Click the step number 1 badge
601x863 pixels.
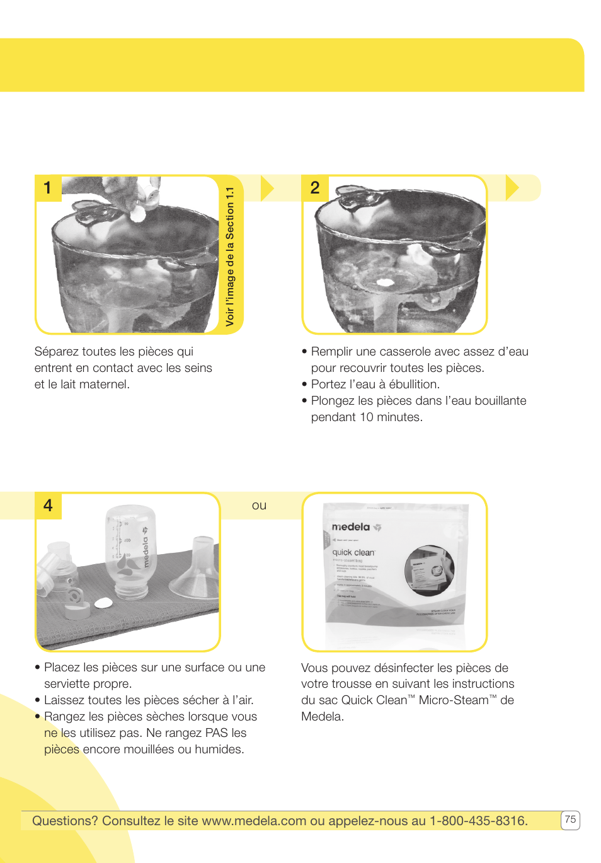pyautogui.click(x=48, y=188)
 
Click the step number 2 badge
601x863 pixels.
pyautogui.click(x=315, y=188)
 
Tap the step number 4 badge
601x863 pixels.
pyautogui.click(x=48, y=506)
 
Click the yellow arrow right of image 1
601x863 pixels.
pyautogui.click(x=267, y=188)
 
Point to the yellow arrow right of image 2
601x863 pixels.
pyautogui.click(x=512, y=188)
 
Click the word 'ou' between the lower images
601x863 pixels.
pyautogui.click(x=259, y=506)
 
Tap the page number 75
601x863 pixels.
pyautogui.click(x=570, y=820)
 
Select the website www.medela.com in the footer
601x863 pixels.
pyautogui.click(x=254, y=821)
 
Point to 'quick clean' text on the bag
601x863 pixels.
pyautogui.click(x=353, y=552)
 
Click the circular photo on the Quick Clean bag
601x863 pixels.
pyautogui.click(x=429, y=571)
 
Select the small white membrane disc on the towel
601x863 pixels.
pyautogui.click(x=103, y=603)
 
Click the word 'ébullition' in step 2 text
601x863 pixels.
pyautogui.click(x=414, y=385)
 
